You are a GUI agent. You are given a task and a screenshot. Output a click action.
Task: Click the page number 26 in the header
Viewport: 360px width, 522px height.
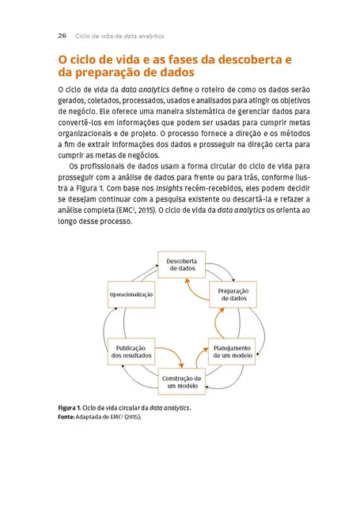point(62,36)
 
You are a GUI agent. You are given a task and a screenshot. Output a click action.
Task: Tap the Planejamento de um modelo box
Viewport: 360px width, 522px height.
point(231,350)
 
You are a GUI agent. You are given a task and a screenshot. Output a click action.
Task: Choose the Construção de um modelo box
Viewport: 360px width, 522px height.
point(181,382)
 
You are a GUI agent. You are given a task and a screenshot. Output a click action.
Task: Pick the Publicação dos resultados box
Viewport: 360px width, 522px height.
point(131,350)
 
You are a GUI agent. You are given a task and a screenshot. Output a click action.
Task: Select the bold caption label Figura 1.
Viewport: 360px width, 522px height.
point(74,407)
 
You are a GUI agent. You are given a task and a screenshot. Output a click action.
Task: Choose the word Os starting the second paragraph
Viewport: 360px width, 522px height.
point(74,168)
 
